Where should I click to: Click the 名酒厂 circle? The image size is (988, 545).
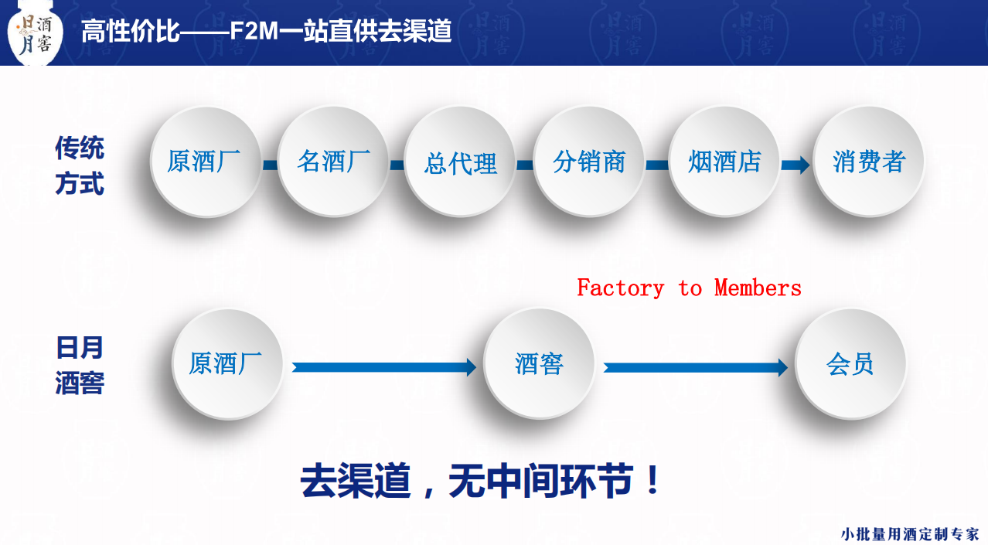pyautogui.click(x=333, y=162)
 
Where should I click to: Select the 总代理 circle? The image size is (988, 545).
pyautogui.click(x=461, y=162)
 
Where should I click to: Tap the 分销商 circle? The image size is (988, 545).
pyautogui.click(x=589, y=162)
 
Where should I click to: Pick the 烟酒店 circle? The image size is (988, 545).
pyautogui.click(x=724, y=162)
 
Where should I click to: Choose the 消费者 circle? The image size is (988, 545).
pyautogui.click(x=868, y=162)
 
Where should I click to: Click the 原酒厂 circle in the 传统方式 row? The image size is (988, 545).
pyautogui.click(x=205, y=162)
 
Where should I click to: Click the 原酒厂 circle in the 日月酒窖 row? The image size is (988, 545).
pyautogui.click(x=227, y=363)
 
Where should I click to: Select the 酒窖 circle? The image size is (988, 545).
pyautogui.click(x=539, y=363)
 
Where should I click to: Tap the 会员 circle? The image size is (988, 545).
pyautogui.click(x=850, y=363)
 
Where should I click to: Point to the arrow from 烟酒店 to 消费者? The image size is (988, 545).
pyautogui.click(x=796, y=165)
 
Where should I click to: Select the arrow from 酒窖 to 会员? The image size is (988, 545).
pyautogui.click(x=696, y=367)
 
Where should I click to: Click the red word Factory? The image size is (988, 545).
pyautogui.click(x=620, y=288)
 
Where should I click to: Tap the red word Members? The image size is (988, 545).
pyautogui.click(x=758, y=288)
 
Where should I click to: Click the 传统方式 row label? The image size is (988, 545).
pyautogui.click(x=80, y=166)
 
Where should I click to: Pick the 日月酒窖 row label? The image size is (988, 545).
pyautogui.click(x=80, y=366)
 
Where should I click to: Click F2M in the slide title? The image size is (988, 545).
pyautogui.click(x=254, y=32)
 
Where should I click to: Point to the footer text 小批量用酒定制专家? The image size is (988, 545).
pyautogui.click(x=910, y=533)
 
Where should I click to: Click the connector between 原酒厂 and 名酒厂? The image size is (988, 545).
pyautogui.click(x=269, y=165)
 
